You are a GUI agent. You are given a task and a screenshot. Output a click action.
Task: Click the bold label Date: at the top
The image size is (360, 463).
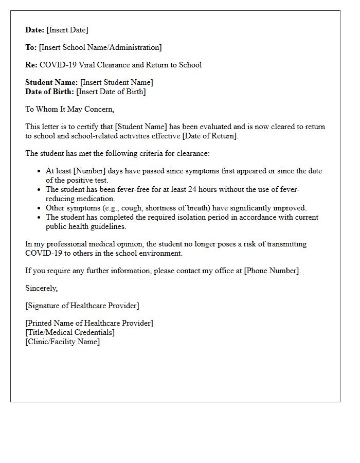pyautogui.click(x=35, y=30)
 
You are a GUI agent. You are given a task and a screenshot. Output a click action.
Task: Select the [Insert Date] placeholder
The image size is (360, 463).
pyautogui.click(x=67, y=30)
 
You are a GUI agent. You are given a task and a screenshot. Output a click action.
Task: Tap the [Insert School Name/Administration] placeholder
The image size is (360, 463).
pyautogui.click(x=100, y=48)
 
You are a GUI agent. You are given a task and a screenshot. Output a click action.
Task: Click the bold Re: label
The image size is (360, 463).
pyautogui.click(x=31, y=65)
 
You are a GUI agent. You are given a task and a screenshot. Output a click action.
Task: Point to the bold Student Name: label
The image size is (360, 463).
pyautogui.click(x=51, y=82)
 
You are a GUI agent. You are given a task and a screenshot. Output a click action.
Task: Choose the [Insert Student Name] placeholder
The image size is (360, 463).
pyautogui.click(x=117, y=82)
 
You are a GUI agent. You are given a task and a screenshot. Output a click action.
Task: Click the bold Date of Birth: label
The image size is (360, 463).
pyautogui.click(x=49, y=92)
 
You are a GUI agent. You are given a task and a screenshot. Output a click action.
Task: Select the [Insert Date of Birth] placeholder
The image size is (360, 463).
pyautogui.click(x=111, y=92)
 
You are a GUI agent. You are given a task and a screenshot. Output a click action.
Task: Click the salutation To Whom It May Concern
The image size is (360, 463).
pyautogui.click(x=69, y=109)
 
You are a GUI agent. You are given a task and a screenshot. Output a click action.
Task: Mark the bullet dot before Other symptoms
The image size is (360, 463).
pyautogui.click(x=40, y=208)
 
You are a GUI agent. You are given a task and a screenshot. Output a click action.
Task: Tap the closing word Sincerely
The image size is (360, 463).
pyautogui.click(x=42, y=288)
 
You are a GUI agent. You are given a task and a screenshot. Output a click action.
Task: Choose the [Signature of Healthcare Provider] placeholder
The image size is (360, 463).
pyautogui.click(x=82, y=306)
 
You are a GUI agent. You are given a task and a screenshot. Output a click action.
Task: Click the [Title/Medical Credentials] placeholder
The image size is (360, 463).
pyautogui.click(x=70, y=332)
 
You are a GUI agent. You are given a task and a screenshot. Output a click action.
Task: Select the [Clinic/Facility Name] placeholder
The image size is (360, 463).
pyautogui.click(x=63, y=342)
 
